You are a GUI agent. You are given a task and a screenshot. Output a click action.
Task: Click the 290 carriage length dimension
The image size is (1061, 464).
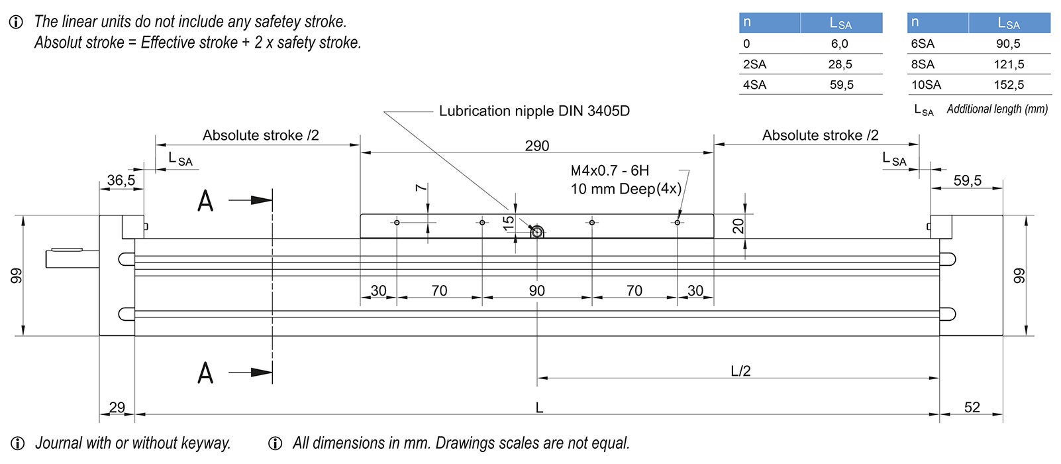[536, 146]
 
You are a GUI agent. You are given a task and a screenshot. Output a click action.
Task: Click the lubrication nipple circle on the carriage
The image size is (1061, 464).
[537, 232]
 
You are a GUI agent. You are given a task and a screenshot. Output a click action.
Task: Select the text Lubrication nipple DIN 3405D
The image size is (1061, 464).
[534, 111]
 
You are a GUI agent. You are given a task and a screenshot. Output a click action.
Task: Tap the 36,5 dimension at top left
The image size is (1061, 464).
[121, 180]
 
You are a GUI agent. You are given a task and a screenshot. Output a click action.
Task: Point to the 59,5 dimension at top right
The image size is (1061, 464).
[967, 180]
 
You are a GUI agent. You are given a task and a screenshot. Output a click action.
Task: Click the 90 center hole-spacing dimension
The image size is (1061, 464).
[536, 291]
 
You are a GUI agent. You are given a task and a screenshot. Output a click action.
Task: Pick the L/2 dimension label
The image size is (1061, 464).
[740, 371]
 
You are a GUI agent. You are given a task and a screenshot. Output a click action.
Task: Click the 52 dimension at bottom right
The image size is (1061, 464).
[972, 407]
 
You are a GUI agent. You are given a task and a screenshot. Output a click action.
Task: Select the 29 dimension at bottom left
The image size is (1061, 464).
[117, 407]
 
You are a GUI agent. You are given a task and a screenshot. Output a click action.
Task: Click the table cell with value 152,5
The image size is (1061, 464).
[1009, 85]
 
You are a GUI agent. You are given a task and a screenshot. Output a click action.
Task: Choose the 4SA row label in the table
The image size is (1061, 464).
[754, 85]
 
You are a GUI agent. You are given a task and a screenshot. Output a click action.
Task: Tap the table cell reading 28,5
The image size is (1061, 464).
[840, 64]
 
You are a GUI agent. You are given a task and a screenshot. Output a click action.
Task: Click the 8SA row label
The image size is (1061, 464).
[923, 64]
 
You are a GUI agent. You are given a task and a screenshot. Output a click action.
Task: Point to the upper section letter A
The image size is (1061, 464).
[205, 200]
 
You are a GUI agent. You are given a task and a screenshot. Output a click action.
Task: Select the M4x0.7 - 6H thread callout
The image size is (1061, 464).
[610, 171]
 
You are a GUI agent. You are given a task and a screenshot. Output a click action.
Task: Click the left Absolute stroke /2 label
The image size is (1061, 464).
[260, 135]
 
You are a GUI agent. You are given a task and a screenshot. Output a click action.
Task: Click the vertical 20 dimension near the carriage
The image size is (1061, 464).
[738, 225]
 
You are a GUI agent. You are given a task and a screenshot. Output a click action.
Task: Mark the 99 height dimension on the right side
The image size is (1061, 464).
[1019, 275]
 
